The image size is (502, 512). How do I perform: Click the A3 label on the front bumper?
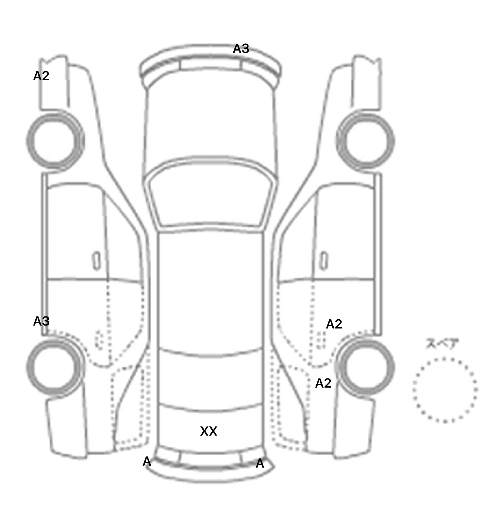(x=241, y=49)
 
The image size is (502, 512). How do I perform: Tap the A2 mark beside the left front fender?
(x=41, y=76)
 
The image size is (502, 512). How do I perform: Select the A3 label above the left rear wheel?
(x=41, y=321)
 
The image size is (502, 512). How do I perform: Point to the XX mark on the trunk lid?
(x=209, y=431)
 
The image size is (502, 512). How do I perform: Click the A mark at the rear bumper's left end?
(x=147, y=462)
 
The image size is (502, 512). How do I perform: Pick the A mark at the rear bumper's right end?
(x=260, y=464)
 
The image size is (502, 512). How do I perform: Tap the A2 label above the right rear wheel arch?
(x=334, y=324)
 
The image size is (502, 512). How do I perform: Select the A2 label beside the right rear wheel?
(x=323, y=383)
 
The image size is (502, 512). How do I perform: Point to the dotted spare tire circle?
(x=445, y=390)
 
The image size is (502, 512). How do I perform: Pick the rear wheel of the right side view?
(x=366, y=366)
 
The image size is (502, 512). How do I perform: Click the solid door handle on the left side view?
(x=96, y=261)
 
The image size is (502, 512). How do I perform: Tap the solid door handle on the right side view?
(x=324, y=261)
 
